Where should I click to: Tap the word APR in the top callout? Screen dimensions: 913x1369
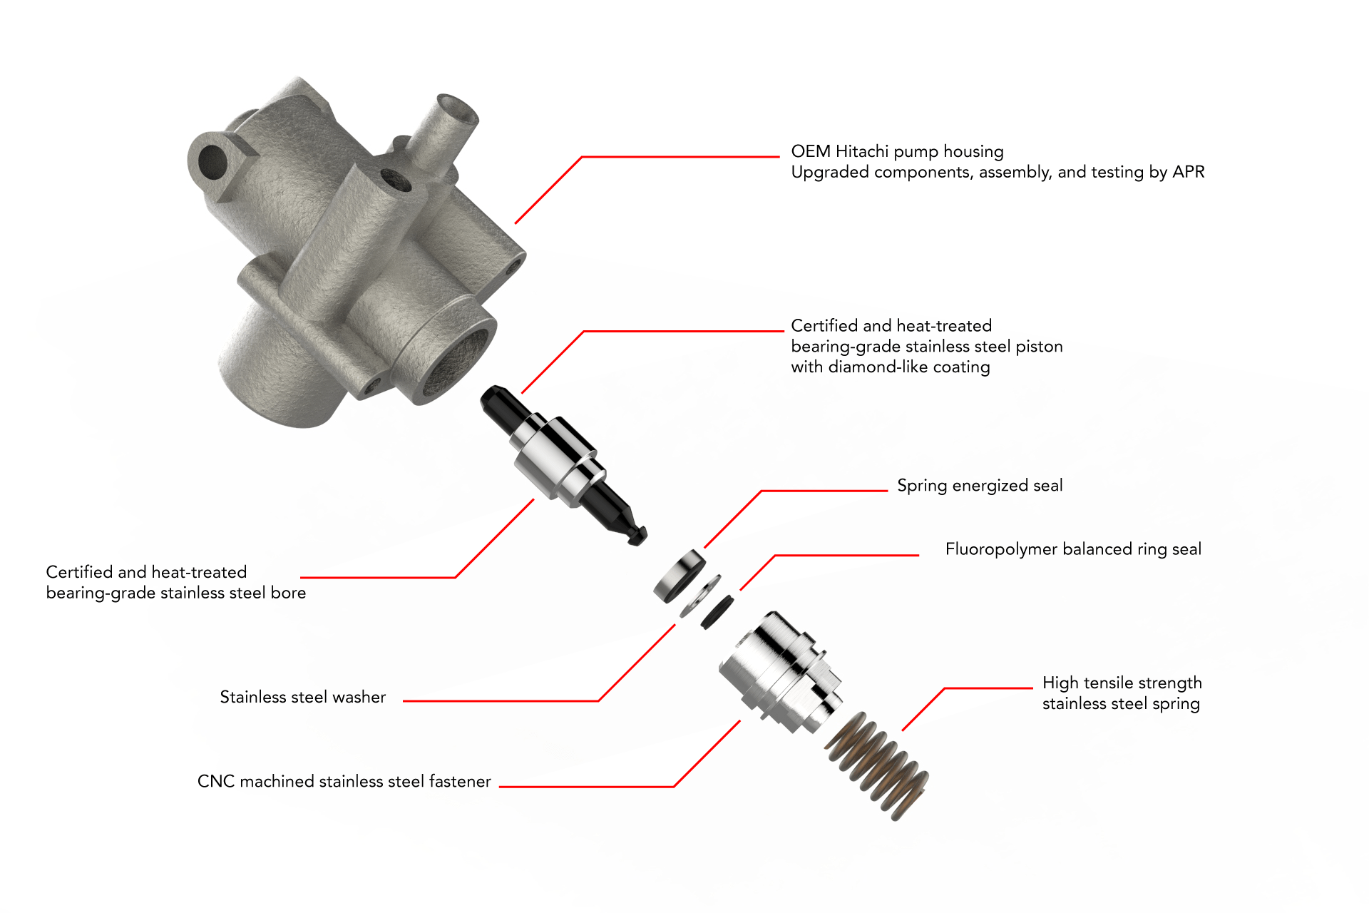coord(1188,173)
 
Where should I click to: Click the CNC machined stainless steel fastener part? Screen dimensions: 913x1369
coord(781,670)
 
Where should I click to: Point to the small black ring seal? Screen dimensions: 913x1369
coord(717,612)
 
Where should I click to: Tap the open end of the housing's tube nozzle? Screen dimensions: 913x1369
coord(457,108)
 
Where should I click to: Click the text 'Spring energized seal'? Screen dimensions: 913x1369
coord(979,486)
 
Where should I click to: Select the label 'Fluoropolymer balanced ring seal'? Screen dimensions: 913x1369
coord(1072,549)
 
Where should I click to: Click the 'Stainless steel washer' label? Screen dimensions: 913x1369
coord(302,698)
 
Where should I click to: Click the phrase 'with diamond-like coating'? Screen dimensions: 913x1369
coord(890,367)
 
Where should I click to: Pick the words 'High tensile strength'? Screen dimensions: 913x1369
coord(1122,683)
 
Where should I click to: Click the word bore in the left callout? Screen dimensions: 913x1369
coord(288,593)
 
